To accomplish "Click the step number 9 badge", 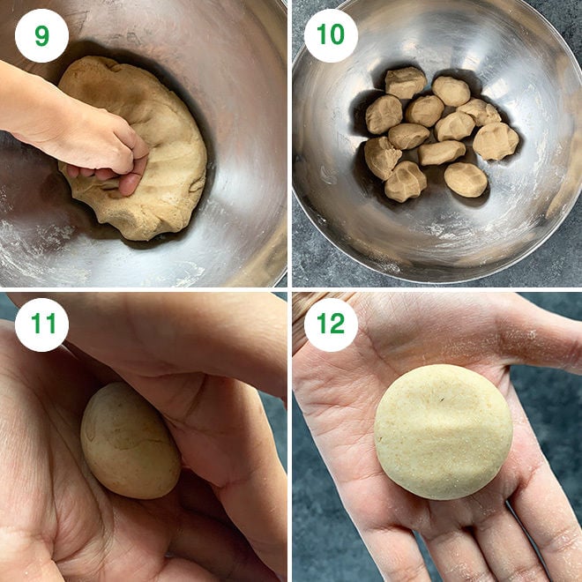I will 41,35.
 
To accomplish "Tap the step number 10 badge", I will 331,35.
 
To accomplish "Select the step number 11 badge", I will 41,325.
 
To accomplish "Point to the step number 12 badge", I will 331,325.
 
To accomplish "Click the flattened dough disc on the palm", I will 443,431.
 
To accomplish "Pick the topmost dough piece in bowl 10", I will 405,82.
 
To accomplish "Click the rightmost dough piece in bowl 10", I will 496,141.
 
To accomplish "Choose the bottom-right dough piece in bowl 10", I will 466,179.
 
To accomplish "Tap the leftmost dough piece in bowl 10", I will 382,157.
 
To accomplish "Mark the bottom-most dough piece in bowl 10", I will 406,182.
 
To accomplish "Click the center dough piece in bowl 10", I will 425,111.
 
